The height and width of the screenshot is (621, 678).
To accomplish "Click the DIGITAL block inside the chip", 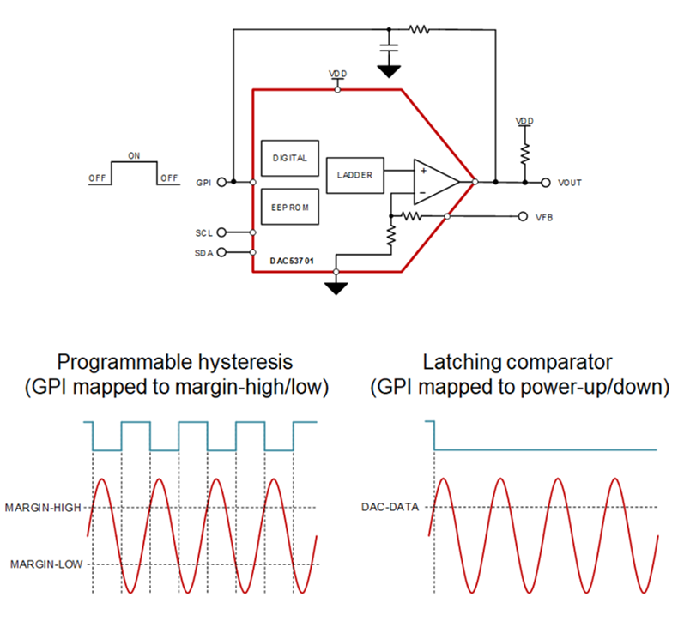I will pos(289,158).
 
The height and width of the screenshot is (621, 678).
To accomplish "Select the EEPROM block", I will pos(289,207).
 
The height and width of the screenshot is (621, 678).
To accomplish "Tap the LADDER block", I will pos(355,174).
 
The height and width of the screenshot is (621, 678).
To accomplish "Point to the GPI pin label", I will pos(203,182).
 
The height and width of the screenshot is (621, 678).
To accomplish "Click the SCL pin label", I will pos(203,232).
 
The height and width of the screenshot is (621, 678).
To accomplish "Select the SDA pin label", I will pos(203,252).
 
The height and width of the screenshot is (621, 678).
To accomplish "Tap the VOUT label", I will pos(570,183).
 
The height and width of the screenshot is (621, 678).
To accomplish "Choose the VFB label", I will pos(543,217).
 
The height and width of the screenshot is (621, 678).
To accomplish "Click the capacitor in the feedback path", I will pos(390,38).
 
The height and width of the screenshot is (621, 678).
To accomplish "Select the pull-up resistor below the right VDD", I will pos(524,153).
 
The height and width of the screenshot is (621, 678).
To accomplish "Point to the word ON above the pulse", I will pos(133,156).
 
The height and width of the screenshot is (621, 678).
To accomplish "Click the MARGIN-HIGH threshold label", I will pos(43,507).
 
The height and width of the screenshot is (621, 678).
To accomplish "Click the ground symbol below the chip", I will pos(337,286).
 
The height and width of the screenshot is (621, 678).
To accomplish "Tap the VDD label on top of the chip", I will pos(337,75).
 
